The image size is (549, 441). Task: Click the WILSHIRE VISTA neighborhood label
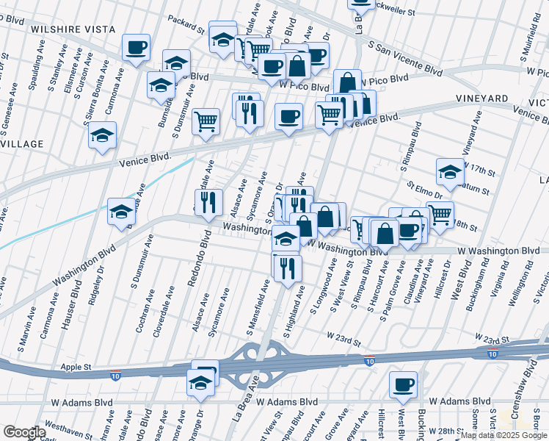tap(62, 29)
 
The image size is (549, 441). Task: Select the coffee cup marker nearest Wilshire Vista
tap(136, 49)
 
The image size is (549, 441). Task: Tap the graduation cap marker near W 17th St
tap(450, 172)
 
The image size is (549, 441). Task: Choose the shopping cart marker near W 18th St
tap(440, 215)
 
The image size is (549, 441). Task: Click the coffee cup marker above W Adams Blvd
tap(402, 384)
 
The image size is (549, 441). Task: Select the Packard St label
tap(185, 24)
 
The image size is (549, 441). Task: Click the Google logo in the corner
tap(23, 432)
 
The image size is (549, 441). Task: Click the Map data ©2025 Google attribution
tap(503, 435)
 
